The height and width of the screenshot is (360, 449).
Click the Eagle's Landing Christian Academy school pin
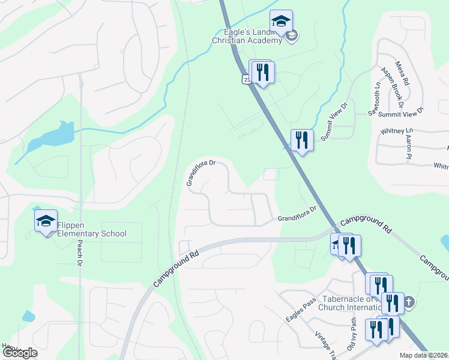(x=281, y=22)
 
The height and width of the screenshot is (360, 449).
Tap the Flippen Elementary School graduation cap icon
(x=46, y=221)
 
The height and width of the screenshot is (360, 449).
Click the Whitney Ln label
(x=397, y=131)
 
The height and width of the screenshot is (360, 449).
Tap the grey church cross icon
(x=409, y=302)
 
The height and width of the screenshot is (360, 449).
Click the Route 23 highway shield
(x=246, y=79)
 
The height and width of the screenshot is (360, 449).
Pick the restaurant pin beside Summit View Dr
(x=302, y=140)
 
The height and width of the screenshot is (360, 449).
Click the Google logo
(x=20, y=353)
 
